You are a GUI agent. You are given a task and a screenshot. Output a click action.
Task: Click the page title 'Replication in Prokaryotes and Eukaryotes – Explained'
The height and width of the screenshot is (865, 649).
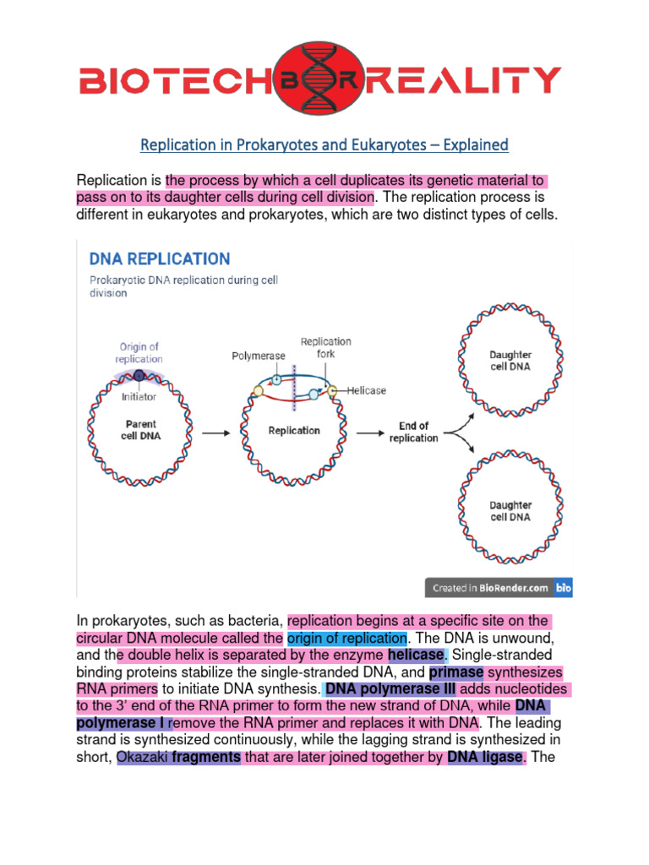pos(324,144)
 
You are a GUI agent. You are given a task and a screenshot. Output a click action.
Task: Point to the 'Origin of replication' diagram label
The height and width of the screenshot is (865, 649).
pos(139,353)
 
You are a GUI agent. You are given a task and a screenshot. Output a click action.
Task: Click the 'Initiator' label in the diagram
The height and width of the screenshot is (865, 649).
pos(139,396)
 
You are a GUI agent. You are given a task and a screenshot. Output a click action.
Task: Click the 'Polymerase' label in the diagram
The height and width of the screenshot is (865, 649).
pos(259,356)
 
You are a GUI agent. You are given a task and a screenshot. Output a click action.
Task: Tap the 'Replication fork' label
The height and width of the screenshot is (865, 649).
pos(325,348)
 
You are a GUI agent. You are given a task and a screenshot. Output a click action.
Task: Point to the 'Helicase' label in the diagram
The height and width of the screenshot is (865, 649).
pos(365,390)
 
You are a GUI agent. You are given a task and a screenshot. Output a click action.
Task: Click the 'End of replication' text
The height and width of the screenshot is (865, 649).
pos(414,432)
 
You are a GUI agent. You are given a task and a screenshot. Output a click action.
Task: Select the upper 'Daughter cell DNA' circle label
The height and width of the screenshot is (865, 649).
pos(510,361)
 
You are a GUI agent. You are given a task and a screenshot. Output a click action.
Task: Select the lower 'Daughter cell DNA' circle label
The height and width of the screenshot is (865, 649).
pos(510,511)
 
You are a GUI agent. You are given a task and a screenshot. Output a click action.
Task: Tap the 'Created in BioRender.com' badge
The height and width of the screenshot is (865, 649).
pos(498,587)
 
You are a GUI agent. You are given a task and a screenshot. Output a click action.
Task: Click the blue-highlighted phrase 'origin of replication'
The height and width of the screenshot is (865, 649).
pos(347,637)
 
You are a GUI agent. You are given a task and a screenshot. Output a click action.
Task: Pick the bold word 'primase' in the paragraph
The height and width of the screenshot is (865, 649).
pos(456,672)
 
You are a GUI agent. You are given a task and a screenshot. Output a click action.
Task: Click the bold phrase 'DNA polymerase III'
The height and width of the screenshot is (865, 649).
pos(390,689)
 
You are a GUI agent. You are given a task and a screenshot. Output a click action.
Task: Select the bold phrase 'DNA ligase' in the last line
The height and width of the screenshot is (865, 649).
pos(485,757)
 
